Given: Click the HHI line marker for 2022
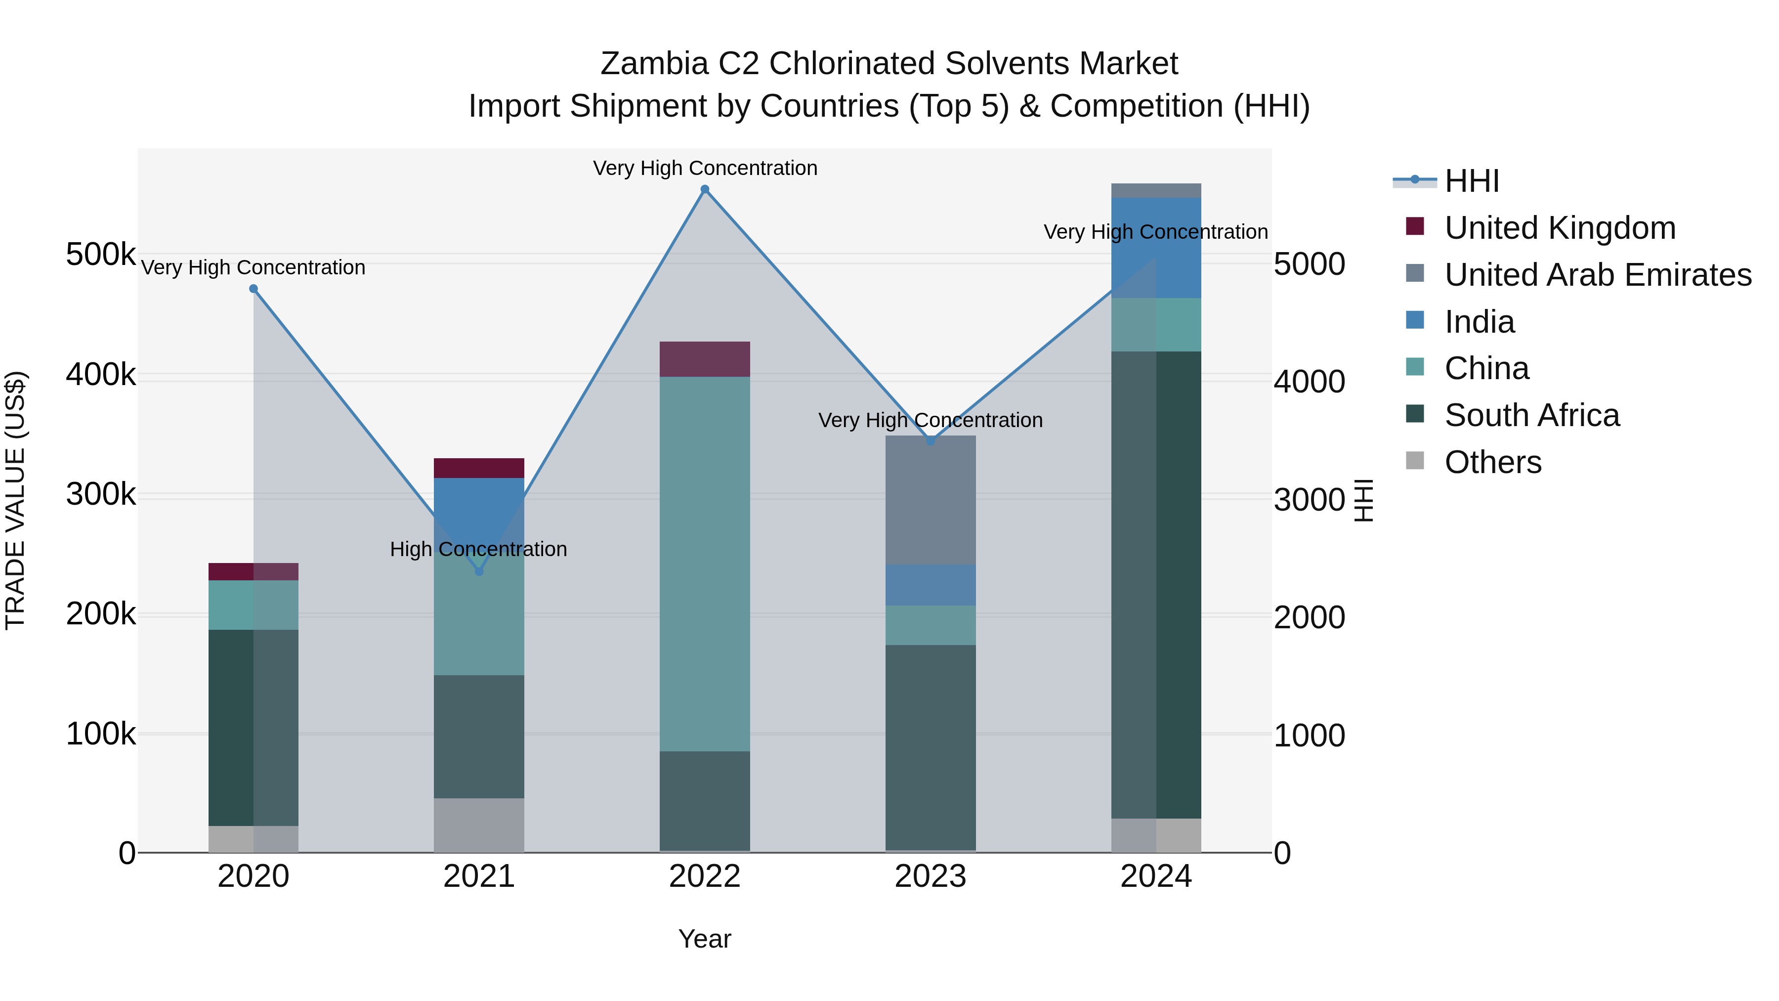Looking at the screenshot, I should click(x=704, y=189).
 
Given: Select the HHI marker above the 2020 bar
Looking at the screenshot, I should click(x=254, y=289).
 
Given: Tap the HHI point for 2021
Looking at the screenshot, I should click(x=479, y=571).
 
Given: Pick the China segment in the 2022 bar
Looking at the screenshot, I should click(x=704, y=563).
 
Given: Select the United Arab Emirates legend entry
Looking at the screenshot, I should click(x=1597, y=275).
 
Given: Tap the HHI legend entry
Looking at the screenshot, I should click(x=1471, y=181).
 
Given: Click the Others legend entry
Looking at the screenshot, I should click(x=1492, y=462).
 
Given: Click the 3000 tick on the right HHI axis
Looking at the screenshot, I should click(x=1309, y=500).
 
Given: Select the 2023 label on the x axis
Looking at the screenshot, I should click(x=930, y=876).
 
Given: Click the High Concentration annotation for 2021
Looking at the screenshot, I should click(x=478, y=549).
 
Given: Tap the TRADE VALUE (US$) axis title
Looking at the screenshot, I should click(x=15, y=500).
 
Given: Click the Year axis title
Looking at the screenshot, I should click(x=704, y=939).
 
